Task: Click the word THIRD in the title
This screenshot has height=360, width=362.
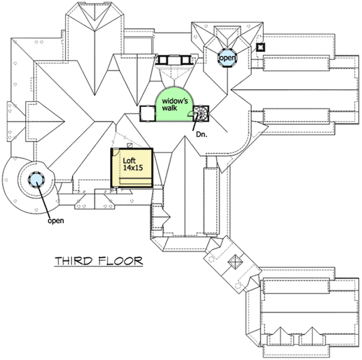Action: tap(74, 261)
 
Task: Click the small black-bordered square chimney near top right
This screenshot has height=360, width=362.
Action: tap(260, 47)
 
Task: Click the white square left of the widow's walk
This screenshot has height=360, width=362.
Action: tap(147, 113)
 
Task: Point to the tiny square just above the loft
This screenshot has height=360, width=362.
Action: tap(130, 144)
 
